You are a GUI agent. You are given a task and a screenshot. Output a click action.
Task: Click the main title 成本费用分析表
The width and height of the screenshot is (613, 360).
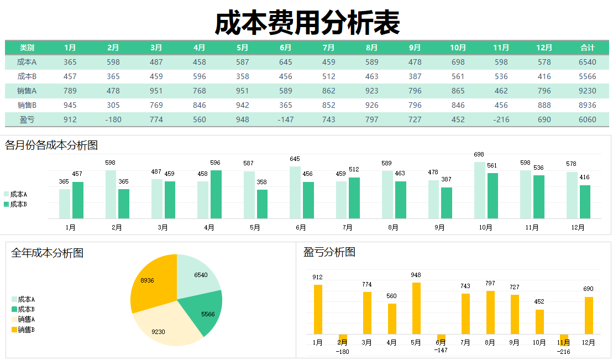pyautogui.click(x=307, y=23)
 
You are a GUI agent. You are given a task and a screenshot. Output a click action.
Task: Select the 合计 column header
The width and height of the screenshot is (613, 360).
pyautogui.click(x=587, y=48)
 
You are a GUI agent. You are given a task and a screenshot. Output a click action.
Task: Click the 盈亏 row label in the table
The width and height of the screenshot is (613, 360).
pyautogui.click(x=27, y=119)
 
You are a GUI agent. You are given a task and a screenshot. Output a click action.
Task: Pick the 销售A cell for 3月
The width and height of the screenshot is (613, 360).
pyautogui.click(x=156, y=91)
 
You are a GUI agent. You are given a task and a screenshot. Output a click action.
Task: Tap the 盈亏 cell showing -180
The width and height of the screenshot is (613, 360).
pyautogui.click(x=113, y=119)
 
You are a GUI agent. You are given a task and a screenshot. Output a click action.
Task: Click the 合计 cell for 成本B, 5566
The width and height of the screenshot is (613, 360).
pyautogui.click(x=587, y=76)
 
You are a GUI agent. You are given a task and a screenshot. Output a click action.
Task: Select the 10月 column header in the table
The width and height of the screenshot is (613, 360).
pyautogui.click(x=458, y=48)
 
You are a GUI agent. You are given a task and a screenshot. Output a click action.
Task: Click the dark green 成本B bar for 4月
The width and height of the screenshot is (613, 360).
pyautogui.click(x=216, y=194)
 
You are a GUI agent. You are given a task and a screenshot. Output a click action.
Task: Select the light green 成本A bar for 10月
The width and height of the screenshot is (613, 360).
pyautogui.click(x=480, y=190)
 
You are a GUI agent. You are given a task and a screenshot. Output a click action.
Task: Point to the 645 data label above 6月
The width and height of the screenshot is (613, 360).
pyautogui.click(x=295, y=159)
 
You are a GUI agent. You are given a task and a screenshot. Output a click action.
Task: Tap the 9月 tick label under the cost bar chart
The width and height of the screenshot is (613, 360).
pyautogui.click(x=439, y=227)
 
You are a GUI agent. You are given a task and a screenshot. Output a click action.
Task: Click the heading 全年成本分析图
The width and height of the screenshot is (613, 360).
pyautogui.click(x=48, y=253)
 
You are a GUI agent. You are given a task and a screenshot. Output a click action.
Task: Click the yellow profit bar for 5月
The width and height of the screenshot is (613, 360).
pyautogui.click(x=416, y=308)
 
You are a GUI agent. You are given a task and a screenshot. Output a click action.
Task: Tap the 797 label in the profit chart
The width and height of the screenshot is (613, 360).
pyautogui.click(x=490, y=283)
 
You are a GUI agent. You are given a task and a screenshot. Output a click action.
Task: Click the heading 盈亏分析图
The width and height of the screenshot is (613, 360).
pyautogui.click(x=329, y=252)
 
